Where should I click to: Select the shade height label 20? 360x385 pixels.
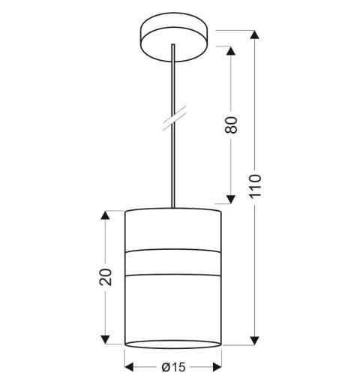105,276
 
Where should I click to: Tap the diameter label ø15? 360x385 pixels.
173,368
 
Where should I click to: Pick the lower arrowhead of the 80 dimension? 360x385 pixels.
232,198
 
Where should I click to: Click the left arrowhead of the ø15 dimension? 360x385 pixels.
130,368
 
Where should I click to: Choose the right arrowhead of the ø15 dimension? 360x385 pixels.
217,368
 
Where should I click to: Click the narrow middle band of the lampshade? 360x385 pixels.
173,261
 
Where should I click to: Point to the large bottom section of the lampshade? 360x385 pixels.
173,308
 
